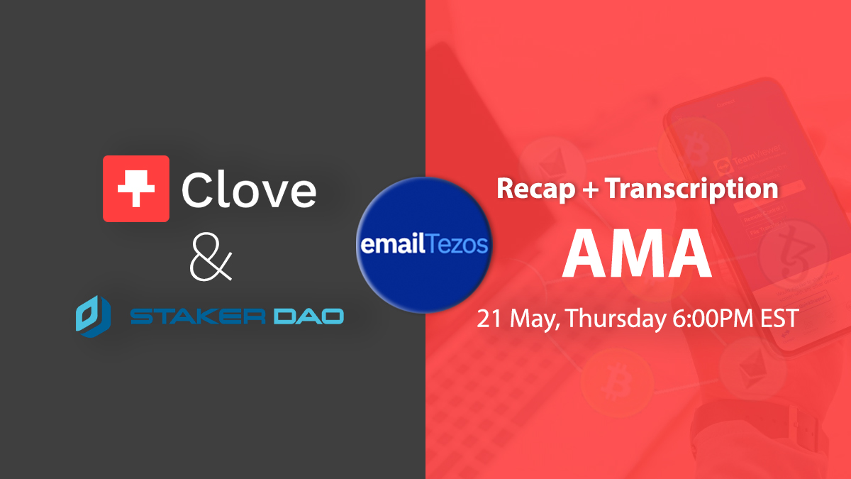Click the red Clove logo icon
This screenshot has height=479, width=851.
point(136,189)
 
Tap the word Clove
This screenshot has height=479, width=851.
point(249,189)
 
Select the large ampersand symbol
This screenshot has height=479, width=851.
point(211,257)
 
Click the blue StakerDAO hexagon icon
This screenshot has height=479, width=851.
point(94,316)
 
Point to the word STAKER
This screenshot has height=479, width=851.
point(198,316)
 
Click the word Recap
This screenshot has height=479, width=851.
point(535,189)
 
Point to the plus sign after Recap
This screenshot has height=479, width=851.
point(590,188)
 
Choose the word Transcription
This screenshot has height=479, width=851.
point(691,189)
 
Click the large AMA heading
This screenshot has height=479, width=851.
point(637,253)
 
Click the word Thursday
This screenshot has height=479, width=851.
point(616,319)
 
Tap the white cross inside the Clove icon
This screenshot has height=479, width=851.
point(136,188)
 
